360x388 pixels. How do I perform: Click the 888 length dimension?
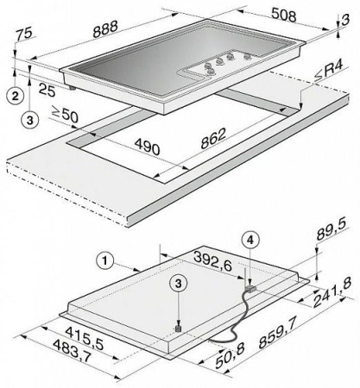click(x=105, y=28)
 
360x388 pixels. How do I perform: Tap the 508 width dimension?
click(x=283, y=16)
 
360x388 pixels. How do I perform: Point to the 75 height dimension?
click(x=24, y=34)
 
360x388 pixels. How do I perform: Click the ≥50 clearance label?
click(x=65, y=114)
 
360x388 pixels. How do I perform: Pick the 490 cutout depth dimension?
click(x=148, y=147)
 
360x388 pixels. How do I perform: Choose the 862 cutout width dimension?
click(x=213, y=138)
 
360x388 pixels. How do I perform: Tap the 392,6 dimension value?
click(x=213, y=260)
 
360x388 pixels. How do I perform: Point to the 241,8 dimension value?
click(x=332, y=292)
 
